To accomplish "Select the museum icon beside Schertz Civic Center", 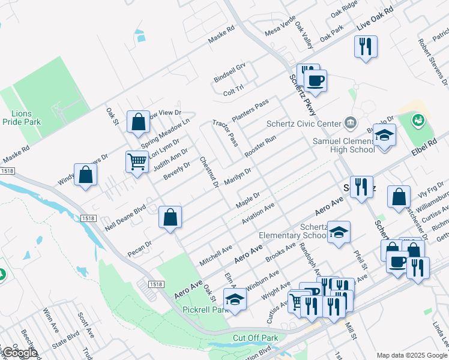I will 351,124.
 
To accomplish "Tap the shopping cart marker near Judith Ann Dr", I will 137,161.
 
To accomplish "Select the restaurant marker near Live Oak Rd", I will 366,46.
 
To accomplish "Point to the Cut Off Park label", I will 256,338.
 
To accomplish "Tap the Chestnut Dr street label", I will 208,171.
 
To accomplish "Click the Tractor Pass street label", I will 225,133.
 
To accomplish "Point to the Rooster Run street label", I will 260,147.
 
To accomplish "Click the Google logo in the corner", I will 20,353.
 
